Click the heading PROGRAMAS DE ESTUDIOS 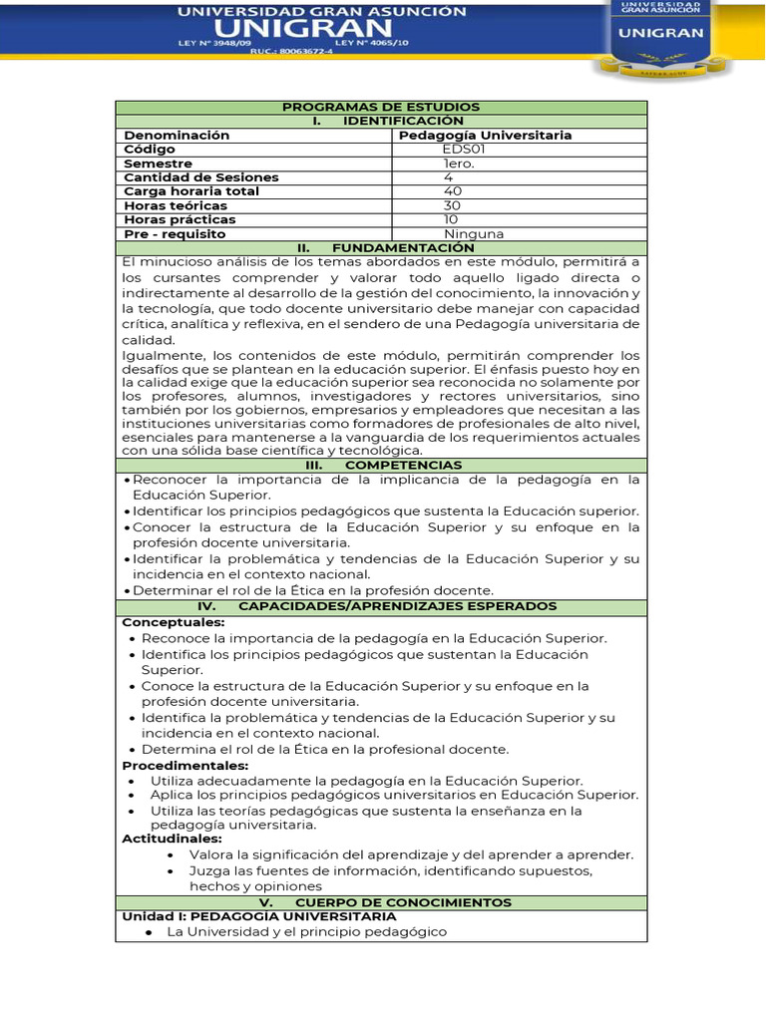(x=381, y=107)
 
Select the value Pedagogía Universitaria (x=485, y=135)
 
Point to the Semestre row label (x=158, y=164)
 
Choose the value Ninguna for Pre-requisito (x=474, y=234)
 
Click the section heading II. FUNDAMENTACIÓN (x=381, y=247)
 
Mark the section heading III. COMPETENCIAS (x=381, y=465)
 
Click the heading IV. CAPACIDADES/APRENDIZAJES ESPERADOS (x=381, y=606)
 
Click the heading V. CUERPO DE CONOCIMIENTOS (x=381, y=902)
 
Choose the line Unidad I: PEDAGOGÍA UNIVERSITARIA (x=258, y=916)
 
